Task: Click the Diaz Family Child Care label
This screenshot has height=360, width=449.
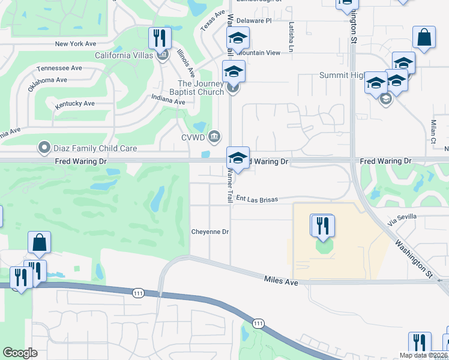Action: (x=95, y=148)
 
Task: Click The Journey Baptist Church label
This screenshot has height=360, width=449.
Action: (x=200, y=88)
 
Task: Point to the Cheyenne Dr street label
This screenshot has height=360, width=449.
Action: (x=210, y=232)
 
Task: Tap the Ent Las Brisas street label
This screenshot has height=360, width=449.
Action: (x=256, y=198)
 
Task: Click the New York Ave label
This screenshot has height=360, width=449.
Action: (x=75, y=44)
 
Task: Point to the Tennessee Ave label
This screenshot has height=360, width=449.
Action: (x=59, y=68)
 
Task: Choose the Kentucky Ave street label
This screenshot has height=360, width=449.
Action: (x=75, y=104)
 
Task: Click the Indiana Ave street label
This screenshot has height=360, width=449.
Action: (x=168, y=100)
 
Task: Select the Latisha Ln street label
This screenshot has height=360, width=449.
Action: (x=292, y=37)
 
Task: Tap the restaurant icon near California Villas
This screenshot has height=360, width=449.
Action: (x=160, y=38)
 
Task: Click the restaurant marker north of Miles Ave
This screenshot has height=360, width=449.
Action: (x=323, y=226)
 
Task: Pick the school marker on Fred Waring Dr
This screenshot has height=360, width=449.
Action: (x=238, y=158)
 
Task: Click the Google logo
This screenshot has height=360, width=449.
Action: (x=20, y=352)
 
